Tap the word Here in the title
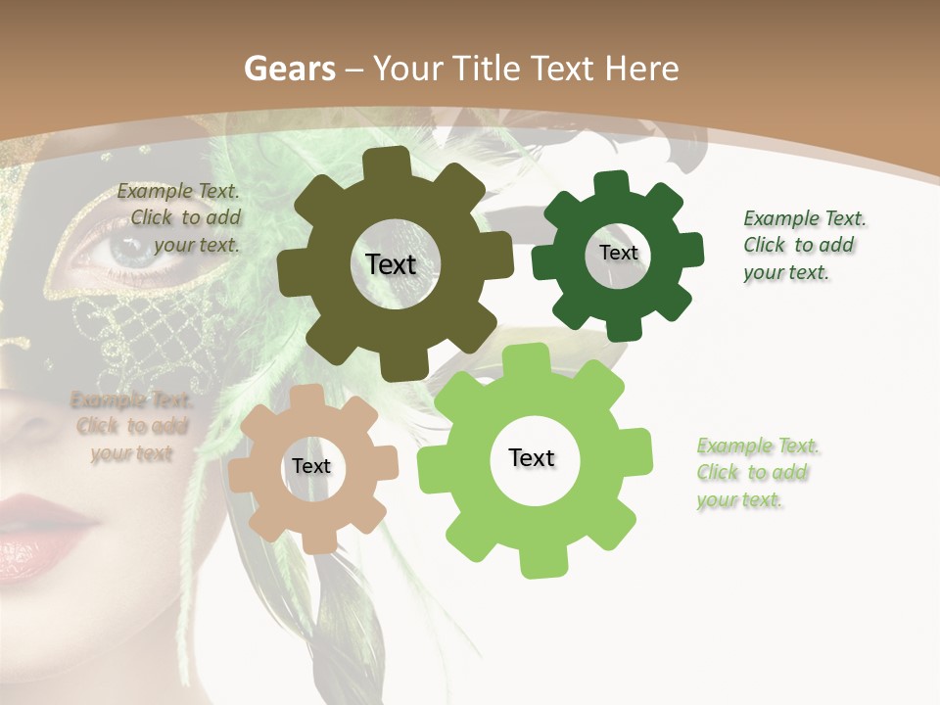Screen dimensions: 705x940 (x=642, y=69)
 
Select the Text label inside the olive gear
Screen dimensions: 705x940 (x=391, y=264)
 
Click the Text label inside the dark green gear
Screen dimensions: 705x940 (x=618, y=253)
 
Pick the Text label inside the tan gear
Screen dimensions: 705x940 (x=311, y=467)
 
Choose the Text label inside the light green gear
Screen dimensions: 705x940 (x=532, y=458)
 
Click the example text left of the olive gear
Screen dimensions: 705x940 (x=179, y=218)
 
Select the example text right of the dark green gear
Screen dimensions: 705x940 (x=799, y=246)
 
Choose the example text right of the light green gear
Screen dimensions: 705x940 (x=754, y=473)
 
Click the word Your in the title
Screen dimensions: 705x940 (x=409, y=69)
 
